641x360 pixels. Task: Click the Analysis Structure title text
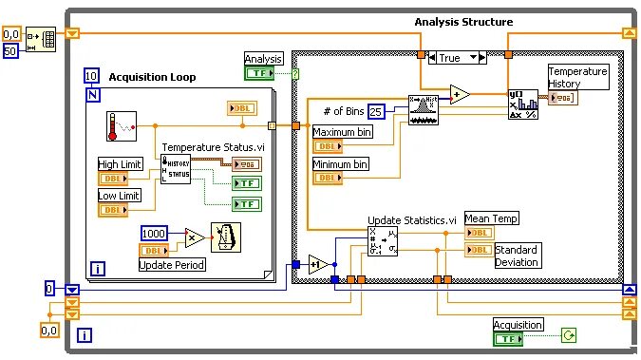[x=463, y=22]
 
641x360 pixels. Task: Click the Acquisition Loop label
[x=152, y=77]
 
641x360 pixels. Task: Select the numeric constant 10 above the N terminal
[x=91, y=76]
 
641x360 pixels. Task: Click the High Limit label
[x=121, y=164]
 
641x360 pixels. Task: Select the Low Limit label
[x=119, y=195]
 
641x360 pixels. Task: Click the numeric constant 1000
[x=155, y=234]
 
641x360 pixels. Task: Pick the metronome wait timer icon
[x=225, y=238]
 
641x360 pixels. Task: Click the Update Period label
[x=172, y=264]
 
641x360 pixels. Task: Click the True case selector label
[x=449, y=58]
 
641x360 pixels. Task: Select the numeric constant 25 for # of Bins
[x=377, y=112]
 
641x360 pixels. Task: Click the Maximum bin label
[x=343, y=132]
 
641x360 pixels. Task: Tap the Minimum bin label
[x=341, y=164]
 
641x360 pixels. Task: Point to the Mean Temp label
[x=492, y=218]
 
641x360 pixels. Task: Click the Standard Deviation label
[x=518, y=256]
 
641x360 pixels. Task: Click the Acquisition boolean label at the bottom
[x=518, y=324]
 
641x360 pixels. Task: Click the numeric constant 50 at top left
[x=10, y=50]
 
